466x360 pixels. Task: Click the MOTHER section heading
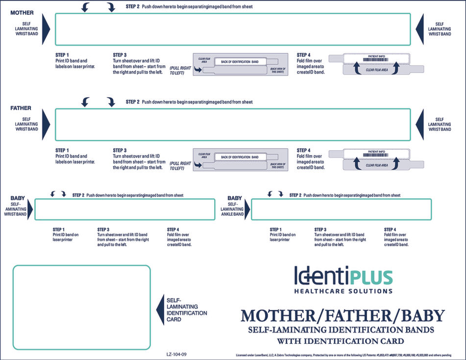tap(22, 12)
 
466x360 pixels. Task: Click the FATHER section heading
tap(21, 108)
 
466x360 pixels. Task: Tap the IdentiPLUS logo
tap(343, 276)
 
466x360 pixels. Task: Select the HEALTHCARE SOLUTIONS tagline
tap(343, 291)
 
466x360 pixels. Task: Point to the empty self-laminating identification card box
tap(81, 307)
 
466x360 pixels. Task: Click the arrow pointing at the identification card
tap(160, 309)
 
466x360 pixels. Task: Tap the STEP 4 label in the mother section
tap(304, 55)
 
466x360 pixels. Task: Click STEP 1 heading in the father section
tap(62, 151)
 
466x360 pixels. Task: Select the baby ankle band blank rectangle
tap(341, 209)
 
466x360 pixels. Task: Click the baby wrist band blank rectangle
tap(124, 209)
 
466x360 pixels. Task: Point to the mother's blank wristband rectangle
tap(233, 29)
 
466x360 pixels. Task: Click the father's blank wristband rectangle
tap(233, 125)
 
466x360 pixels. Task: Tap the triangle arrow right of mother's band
tap(419, 29)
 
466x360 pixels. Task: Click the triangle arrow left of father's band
tap(47, 125)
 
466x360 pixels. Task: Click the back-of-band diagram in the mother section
tap(241, 64)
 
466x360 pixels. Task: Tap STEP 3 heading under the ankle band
tap(320, 230)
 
